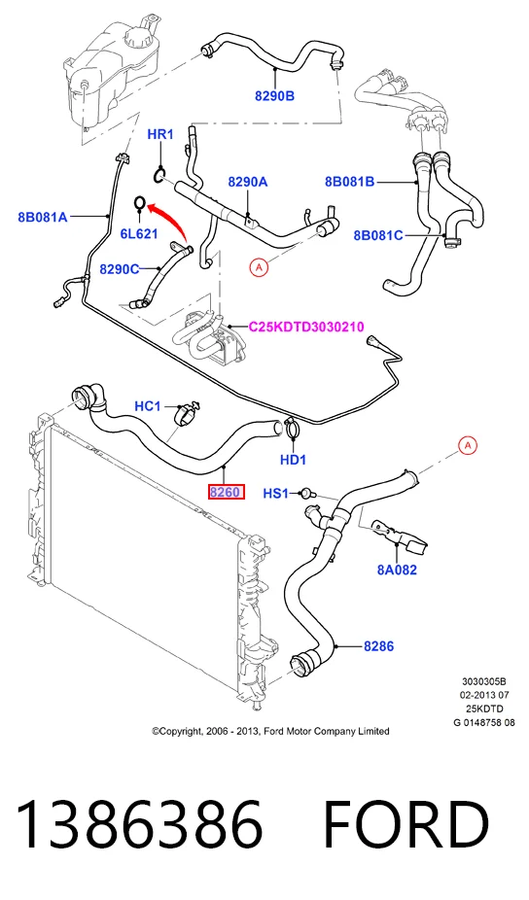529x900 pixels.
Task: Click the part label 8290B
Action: (274, 96)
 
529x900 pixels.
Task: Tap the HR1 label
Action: (160, 134)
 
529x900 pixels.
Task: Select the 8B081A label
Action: (43, 217)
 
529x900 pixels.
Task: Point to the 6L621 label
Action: (139, 233)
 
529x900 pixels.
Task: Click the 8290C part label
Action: (120, 268)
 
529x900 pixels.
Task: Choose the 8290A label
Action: (248, 182)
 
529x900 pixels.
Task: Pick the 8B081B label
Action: (350, 182)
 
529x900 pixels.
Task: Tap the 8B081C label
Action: (378, 235)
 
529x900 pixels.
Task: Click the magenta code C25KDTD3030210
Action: (306, 327)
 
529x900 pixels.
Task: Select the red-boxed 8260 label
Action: (227, 492)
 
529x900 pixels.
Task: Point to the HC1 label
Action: (148, 406)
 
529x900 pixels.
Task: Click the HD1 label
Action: (293, 459)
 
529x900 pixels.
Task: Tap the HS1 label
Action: (276, 493)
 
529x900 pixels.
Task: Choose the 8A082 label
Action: (397, 570)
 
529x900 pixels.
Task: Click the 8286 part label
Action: (378, 646)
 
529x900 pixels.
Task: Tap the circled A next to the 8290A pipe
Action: (259, 267)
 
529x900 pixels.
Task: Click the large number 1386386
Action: (139, 824)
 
